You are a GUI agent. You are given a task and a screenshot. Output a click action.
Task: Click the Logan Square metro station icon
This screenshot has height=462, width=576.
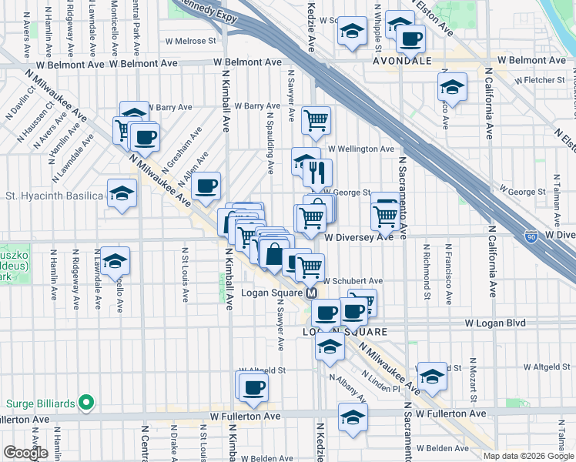[x=312, y=293]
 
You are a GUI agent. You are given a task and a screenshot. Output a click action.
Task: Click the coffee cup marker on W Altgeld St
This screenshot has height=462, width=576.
[x=253, y=388]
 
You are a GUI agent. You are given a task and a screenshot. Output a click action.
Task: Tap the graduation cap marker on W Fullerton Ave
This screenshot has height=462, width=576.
[x=353, y=417]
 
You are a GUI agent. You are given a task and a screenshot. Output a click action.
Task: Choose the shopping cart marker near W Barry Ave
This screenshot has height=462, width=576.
[x=316, y=119]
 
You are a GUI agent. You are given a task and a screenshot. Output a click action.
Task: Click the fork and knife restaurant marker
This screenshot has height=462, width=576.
[x=316, y=173]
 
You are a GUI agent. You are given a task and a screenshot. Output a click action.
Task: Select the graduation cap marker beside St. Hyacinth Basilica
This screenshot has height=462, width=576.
[x=122, y=195]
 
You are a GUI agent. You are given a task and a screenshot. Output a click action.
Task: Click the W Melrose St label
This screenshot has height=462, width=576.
[x=190, y=41]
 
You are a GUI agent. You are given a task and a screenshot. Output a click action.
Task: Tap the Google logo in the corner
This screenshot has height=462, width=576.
[x=25, y=452]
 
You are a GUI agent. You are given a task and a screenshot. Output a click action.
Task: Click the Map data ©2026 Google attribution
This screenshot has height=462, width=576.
[x=528, y=456]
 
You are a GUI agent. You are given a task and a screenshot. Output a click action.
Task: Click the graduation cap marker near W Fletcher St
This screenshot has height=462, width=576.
[x=452, y=88]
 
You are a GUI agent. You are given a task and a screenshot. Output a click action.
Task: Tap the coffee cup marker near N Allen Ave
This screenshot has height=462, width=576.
[x=206, y=186]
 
